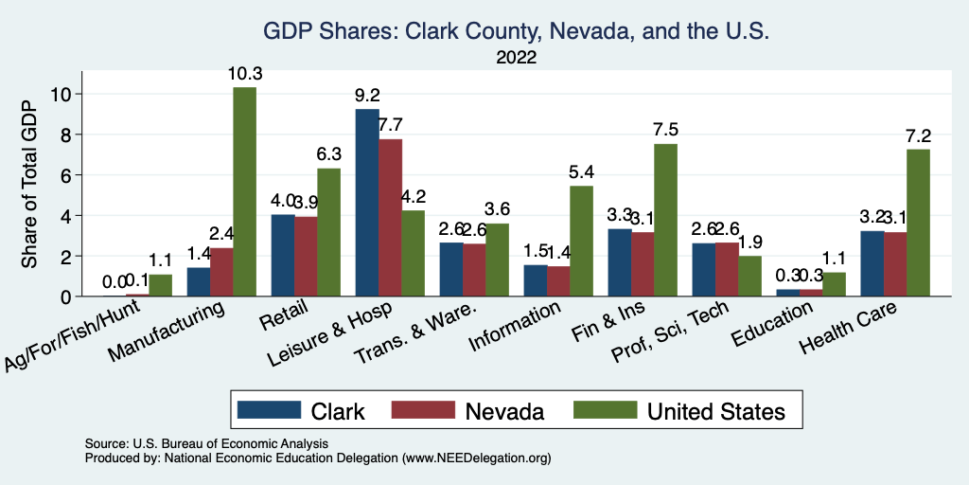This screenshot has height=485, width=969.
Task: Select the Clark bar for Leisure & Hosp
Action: (x=366, y=203)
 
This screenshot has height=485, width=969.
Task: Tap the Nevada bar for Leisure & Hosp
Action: (x=390, y=218)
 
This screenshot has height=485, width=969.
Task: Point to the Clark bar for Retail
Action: (x=282, y=256)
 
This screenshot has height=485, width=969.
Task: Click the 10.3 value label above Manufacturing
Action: (x=244, y=73)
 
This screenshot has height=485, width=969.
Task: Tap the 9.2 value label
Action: (x=366, y=95)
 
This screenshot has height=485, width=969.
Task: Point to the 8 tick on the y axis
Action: (x=66, y=135)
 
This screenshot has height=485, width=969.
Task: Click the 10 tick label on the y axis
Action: (x=62, y=94)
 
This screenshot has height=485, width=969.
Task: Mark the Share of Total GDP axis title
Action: (x=29, y=184)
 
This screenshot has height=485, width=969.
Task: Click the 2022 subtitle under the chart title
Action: (x=516, y=58)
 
